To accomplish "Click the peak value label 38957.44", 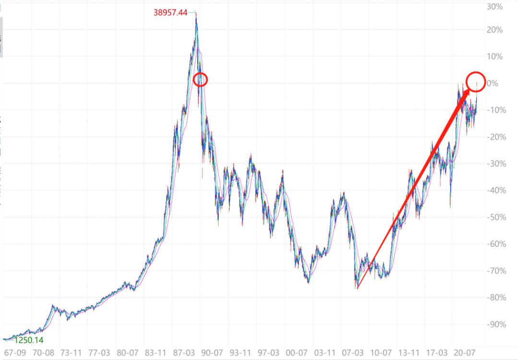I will point(170,12).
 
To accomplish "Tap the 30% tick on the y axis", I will point(495,7).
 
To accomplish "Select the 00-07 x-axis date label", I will point(297,353).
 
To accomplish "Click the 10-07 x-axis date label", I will point(381,353).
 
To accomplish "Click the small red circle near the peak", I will point(200,80).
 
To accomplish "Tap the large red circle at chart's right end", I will point(476,81).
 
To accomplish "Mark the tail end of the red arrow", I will point(358,288).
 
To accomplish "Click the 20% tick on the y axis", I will point(495,30).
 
